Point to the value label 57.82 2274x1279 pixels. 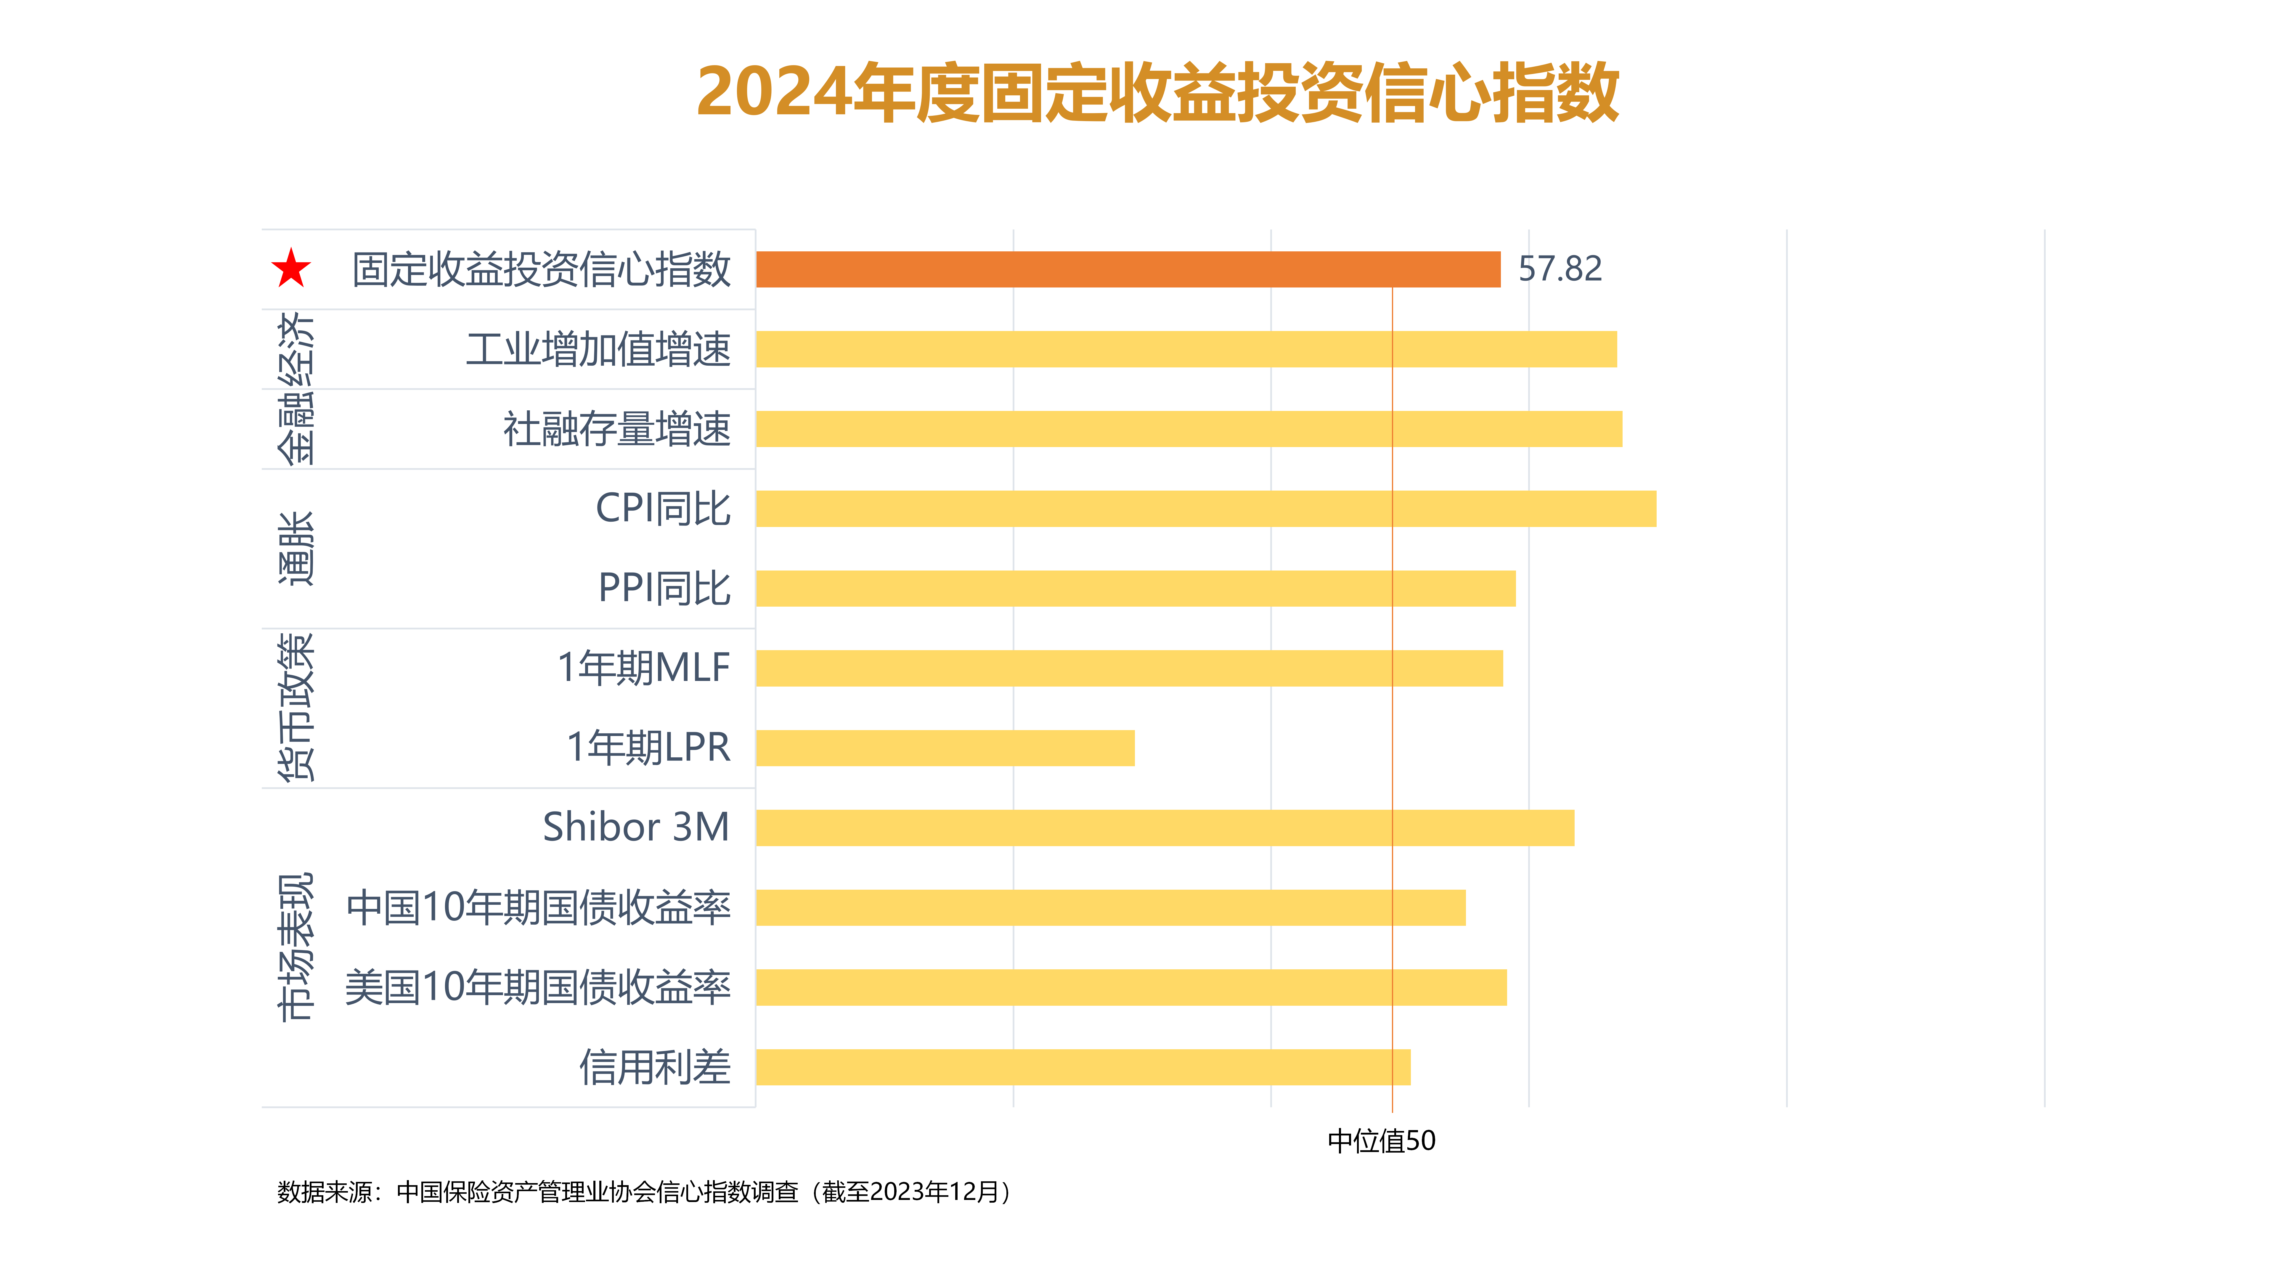pyautogui.click(x=1559, y=269)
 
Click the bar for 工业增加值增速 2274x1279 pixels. pyautogui.click(x=1186, y=350)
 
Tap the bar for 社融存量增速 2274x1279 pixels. pyautogui.click(x=1188, y=429)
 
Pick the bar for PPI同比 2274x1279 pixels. pyautogui.click(x=1135, y=589)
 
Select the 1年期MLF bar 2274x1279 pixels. pyautogui.click(x=1129, y=668)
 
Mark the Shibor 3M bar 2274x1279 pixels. pyautogui.click(x=1164, y=828)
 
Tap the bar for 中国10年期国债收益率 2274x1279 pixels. pyautogui.click(x=1111, y=907)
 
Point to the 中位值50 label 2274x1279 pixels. pyautogui.click(x=1382, y=1141)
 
